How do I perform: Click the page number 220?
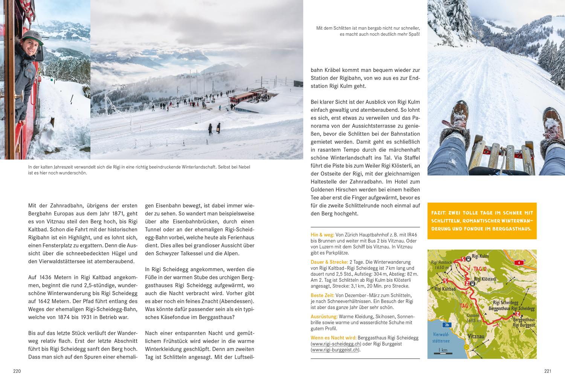click(17, 371)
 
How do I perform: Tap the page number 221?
click(548, 371)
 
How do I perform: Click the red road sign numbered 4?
click(519, 262)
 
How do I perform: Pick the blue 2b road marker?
click(447, 325)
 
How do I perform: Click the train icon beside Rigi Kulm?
click(468, 259)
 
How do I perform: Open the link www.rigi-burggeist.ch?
click(335, 350)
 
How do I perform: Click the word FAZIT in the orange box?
click(442, 213)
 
